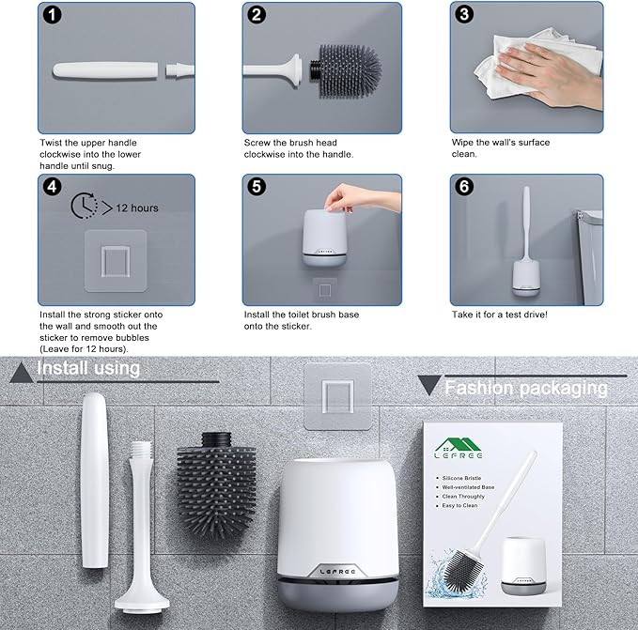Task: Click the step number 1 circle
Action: pyautogui.click(x=53, y=16)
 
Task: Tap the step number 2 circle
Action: pyautogui.click(x=257, y=16)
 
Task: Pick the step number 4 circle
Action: pyautogui.click(x=53, y=188)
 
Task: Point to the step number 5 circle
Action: pyautogui.click(x=257, y=188)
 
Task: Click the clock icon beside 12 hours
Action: pyautogui.click(x=85, y=207)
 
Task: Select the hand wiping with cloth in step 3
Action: pyautogui.click(x=526, y=70)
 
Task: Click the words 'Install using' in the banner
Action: pyautogui.click(x=88, y=369)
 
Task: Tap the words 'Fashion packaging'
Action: pyautogui.click(x=525, y=388)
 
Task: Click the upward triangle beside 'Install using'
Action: pyautogui.click(x=21, y=373)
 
